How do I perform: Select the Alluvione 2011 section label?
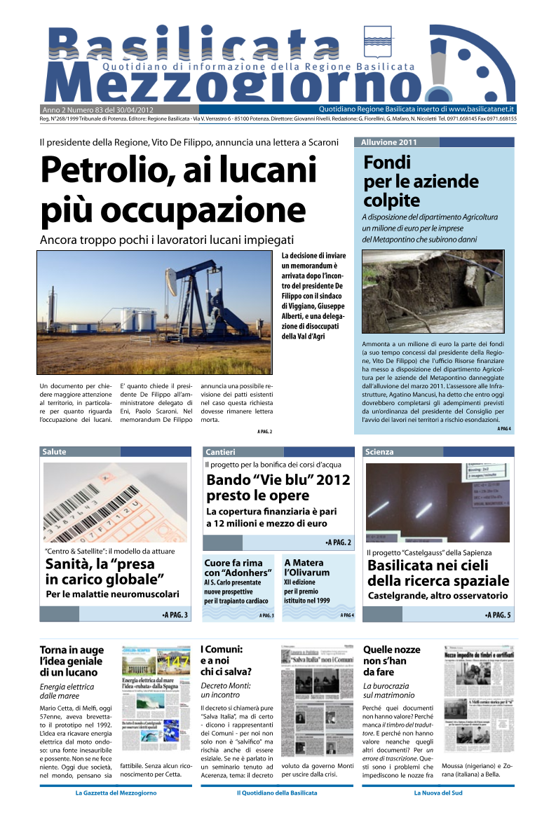tap(389, 142)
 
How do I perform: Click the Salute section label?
tap(55, 452)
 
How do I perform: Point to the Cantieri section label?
tap(221, 452)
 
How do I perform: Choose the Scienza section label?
tap(380, 452)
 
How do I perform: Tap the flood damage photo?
tap(433, 291)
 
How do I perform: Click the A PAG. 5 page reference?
tap(498, 615)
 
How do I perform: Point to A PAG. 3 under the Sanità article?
tap(175, 615)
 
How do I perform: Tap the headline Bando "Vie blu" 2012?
tap(278, 488)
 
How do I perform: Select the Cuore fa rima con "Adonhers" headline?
tap(238, 568)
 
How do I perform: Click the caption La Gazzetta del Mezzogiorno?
tap(116, 793)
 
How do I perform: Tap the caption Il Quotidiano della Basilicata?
tap(277, 793)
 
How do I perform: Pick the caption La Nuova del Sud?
tap(438, 793)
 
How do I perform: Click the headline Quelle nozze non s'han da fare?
tap(390, 661)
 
